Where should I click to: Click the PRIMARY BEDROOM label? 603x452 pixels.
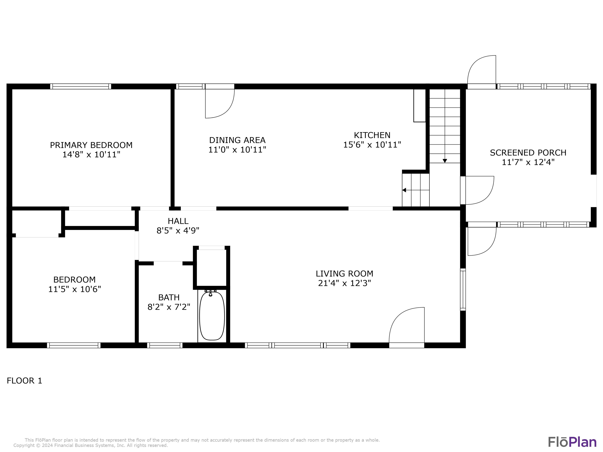[x=91, y=145]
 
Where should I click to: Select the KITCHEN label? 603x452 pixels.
[x=372, y=135]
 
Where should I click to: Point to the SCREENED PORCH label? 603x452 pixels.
[x=528, y=153]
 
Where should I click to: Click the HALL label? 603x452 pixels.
[x=178, y=221]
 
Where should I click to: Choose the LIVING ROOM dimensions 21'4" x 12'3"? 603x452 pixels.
[x=344, y=283]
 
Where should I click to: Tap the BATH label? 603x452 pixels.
[x=169, y=297]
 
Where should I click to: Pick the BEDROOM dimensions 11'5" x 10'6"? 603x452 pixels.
[x=74, y=289]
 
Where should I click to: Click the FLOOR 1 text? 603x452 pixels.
[x=25, y=381]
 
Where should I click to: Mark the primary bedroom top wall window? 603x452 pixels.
[x=81, y=86]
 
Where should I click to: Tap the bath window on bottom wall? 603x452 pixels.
[x=165, y=345]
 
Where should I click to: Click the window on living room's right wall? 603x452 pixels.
[x=463, y=289]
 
